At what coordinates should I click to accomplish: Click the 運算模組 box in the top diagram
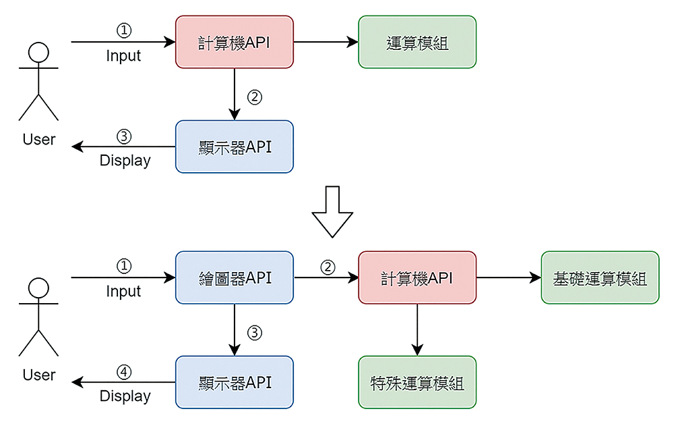point(417,42)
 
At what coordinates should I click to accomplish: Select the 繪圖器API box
point(235,277)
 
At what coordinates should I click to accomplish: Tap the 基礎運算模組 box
point(600,277)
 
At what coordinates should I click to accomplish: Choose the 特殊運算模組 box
point(417,382)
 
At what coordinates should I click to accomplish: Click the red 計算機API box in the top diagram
point(235,42)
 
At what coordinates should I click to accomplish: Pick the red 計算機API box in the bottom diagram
point(417,277)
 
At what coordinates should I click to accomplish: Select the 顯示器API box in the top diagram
point(235,146)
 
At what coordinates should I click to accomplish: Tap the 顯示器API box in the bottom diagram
point(235,382)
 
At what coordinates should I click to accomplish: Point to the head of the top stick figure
point(38,53)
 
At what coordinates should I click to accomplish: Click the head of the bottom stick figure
point(38,288)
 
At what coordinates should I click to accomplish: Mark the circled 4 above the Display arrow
point(124,372)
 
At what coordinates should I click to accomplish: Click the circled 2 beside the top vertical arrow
point(255,97)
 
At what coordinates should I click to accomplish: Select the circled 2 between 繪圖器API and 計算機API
point(328,267)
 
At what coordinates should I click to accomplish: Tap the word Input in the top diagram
point(123,56)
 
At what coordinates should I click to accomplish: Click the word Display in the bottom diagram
point(125,396)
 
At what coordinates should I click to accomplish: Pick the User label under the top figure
point(39,140)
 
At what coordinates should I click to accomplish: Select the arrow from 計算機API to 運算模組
point(326,42)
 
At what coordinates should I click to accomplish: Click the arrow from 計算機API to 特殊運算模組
point(417,330)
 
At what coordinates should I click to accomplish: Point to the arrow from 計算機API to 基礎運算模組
point(509,277)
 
